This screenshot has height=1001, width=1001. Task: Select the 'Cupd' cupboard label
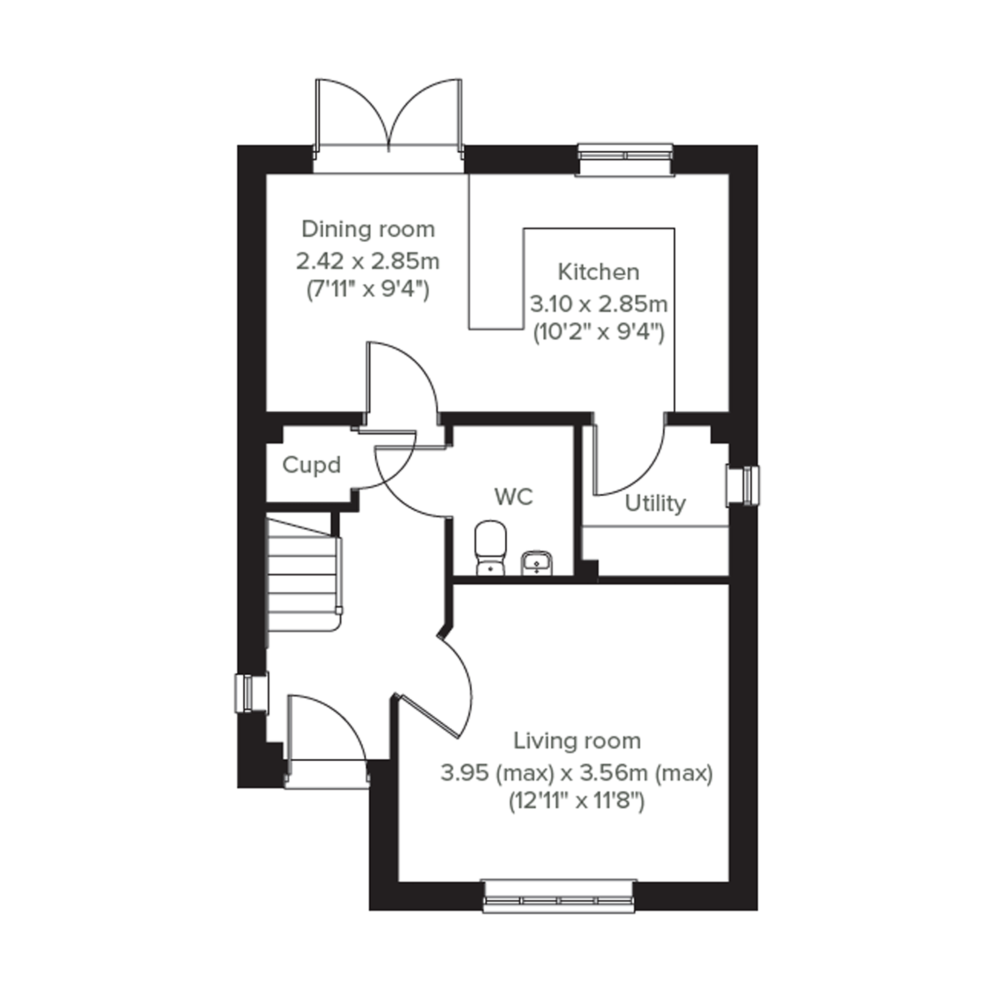coord(311,465)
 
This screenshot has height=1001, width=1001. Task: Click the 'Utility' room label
coord(655,503)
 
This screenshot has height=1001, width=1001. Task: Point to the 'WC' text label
coord(514,497)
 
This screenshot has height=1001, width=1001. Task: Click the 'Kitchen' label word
coord(599,272)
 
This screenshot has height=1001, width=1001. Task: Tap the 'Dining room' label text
coord(368,229)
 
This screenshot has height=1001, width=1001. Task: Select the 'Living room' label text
coord(577,741)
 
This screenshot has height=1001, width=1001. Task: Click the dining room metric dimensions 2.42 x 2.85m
coord(368,261)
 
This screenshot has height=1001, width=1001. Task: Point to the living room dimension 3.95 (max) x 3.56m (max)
coord(577,773)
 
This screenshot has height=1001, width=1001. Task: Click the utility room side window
coord(743,485)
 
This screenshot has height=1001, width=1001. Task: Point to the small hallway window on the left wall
coord(252,693)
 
